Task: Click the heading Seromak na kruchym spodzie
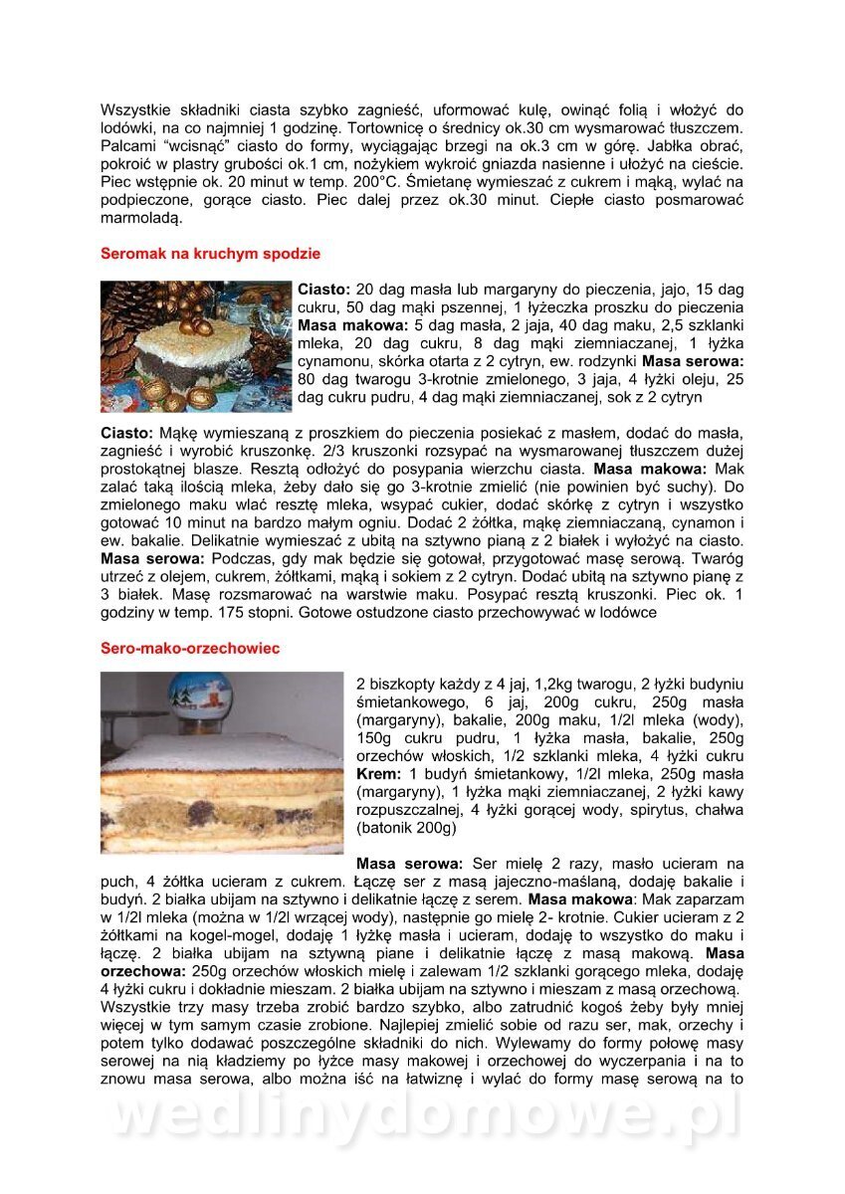pos(210,254)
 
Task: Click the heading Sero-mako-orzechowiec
pos(190,648)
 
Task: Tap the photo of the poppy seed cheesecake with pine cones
pos(196,346)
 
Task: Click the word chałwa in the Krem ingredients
pos(718,810)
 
